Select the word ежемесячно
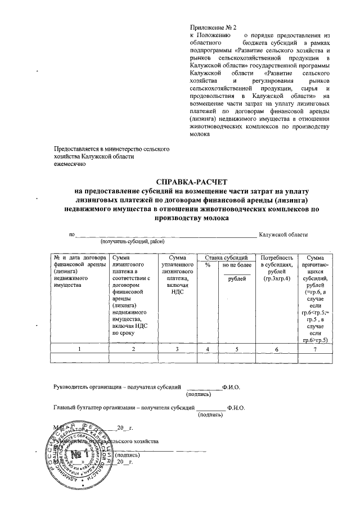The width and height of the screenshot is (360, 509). (x=69, y=165)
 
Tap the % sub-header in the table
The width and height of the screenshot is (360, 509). (x=208, y=264)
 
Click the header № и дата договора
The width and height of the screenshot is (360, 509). (x=79, y=257)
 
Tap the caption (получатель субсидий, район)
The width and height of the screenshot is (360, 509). (x=129, y=242)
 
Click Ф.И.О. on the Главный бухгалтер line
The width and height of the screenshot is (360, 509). (x=236, y=407)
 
